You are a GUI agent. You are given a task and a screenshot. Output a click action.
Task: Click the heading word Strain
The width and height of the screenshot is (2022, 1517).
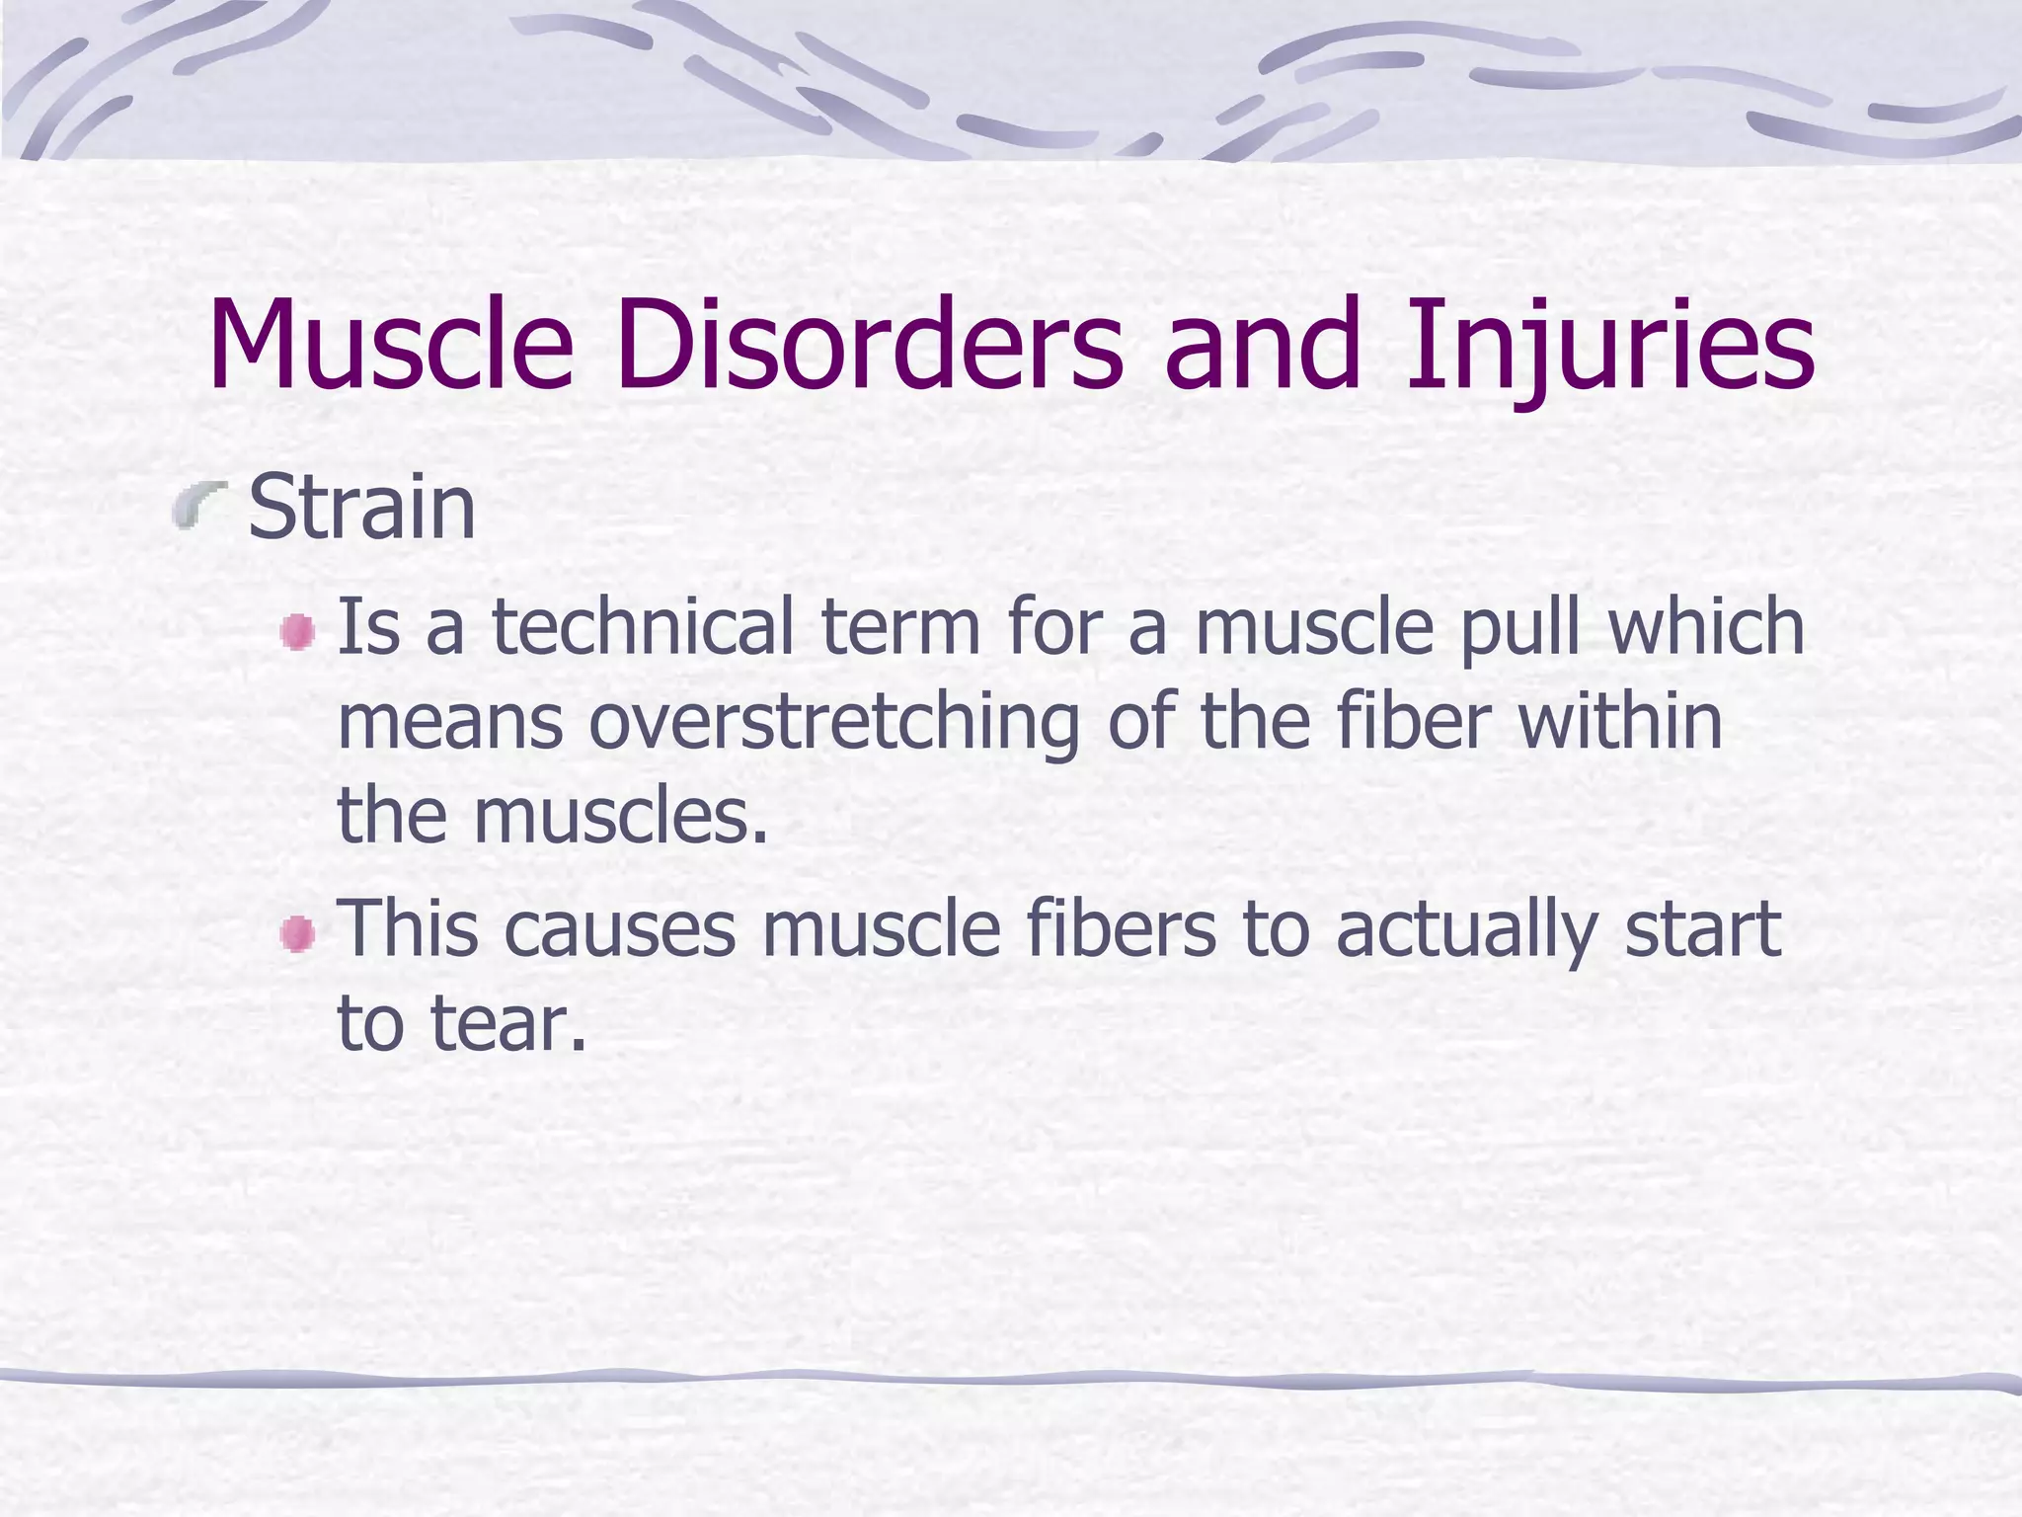point(361,508)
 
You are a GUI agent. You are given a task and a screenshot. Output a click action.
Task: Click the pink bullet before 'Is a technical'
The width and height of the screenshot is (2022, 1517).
point(296,632)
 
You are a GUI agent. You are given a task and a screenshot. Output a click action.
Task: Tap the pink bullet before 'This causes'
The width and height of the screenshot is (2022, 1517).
point(296,934)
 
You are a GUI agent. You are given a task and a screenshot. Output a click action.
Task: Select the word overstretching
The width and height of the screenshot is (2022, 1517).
point(834,723)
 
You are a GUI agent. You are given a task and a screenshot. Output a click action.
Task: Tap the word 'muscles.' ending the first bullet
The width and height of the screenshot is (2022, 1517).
point(620,818)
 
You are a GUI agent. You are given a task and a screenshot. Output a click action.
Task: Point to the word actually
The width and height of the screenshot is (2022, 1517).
point(1466,930)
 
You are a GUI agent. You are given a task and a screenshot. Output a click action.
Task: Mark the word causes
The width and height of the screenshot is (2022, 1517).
point(620,930)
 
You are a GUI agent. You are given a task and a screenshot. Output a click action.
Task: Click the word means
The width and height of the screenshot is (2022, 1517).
point(450,723)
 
